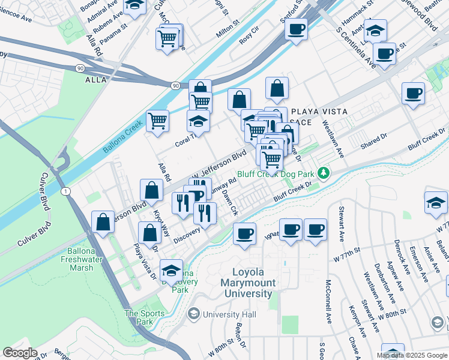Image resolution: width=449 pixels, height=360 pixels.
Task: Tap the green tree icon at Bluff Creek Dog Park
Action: pos(324,173)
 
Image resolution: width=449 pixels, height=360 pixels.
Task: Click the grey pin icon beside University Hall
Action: pos(194,314)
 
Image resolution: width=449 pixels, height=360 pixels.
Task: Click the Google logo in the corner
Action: pos(20,353)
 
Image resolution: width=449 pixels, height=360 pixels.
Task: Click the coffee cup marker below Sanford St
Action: pos(295,29)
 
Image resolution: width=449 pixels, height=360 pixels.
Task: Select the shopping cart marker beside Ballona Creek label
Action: pos(157,120)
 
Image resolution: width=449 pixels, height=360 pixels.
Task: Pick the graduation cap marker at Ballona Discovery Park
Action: pos(172,270)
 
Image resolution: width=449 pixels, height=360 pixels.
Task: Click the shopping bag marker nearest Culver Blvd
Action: pos(103,221)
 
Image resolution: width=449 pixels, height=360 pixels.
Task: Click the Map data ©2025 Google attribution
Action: pos(411,355)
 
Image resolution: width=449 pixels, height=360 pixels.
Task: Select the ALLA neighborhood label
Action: pos(96,79)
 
